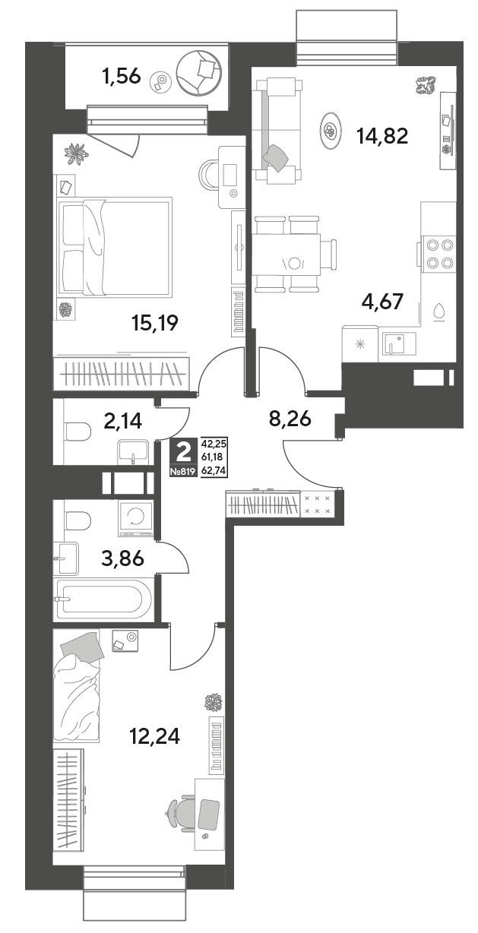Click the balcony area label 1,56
pos(122,77)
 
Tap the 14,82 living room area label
pos(382,136)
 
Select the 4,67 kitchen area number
pos(382,302)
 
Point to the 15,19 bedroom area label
pos(154,323)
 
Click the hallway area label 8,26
pos(290,419)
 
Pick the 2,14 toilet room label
pos(123,421)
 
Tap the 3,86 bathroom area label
pos(123,558)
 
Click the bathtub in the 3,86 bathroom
pos(103,599)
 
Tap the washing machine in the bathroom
pos(136,517)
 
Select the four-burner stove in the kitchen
pos(438,254)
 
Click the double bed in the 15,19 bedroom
pos(116,248)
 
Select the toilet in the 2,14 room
pos(78,432)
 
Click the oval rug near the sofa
pos(331,131)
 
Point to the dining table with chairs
pos(293,254)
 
